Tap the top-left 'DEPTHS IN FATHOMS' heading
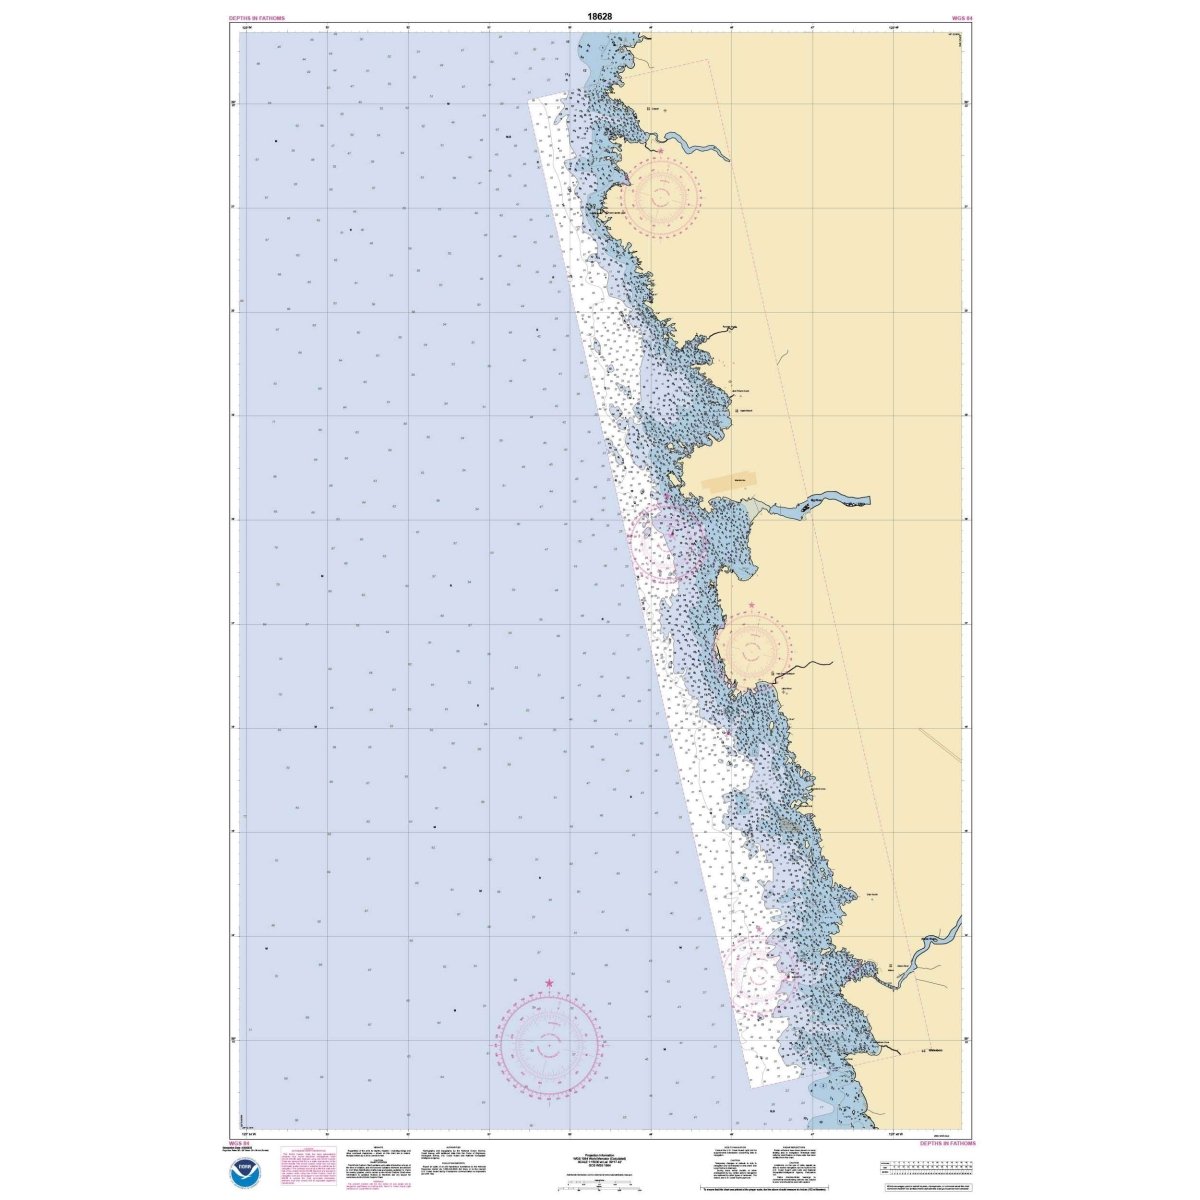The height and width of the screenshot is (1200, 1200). coord(257,18)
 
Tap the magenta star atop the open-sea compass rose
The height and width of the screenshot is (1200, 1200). coord(549,984)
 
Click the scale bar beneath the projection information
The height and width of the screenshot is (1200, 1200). coord(598,1182)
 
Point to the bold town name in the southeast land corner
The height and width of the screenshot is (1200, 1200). coord(937,1052)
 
